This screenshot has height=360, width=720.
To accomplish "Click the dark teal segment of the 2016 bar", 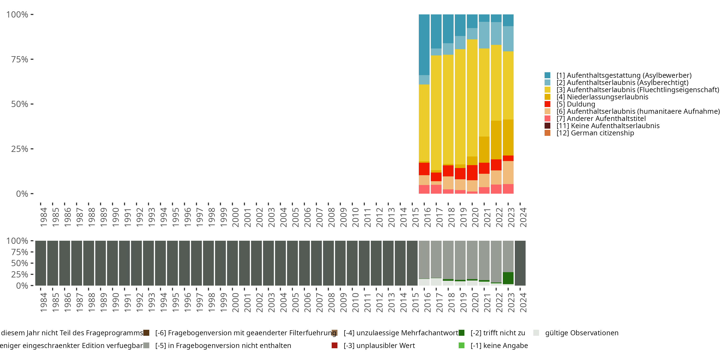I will coord(424,45).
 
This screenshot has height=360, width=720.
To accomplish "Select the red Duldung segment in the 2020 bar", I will coord(472,173).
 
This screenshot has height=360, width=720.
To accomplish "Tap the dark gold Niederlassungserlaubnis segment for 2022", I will coord(496,140).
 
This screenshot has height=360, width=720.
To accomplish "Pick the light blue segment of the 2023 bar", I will coord(508,39).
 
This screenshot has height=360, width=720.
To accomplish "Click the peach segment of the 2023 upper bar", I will coord(508,173).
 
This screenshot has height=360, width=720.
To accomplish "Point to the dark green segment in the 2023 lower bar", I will coord(508,278).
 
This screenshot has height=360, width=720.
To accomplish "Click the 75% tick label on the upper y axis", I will coord(20,59).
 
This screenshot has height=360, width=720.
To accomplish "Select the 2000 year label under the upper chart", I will coord(235,217).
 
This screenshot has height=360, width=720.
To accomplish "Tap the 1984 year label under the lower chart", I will coord(43,302).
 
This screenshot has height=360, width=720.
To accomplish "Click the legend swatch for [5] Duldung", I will coord(547,104).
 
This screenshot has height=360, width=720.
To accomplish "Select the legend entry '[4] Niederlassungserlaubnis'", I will coord(602,97).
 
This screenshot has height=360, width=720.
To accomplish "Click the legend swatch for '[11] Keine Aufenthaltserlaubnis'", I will coord(547,126).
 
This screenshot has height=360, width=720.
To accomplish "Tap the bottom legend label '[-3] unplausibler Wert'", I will coord(379,346).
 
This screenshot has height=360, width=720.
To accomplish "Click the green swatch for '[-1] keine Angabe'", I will coord(462,346).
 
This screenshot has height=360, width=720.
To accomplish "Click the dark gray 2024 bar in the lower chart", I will coord(520,263).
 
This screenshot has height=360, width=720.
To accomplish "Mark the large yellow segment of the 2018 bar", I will coord(448,109).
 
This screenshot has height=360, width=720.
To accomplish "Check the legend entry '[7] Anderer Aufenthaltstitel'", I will coord(601,119).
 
